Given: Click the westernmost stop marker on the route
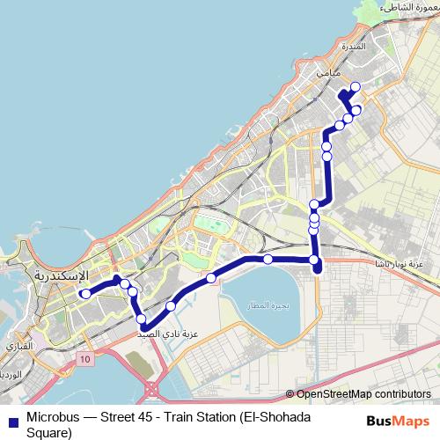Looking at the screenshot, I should [84, 294].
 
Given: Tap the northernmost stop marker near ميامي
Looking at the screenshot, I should [356, 86].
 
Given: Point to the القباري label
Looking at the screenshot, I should [20, 347].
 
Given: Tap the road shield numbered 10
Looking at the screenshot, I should [84, 359].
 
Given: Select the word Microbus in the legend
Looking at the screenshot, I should [55, 417].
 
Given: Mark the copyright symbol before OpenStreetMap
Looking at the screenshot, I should [291, 393].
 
